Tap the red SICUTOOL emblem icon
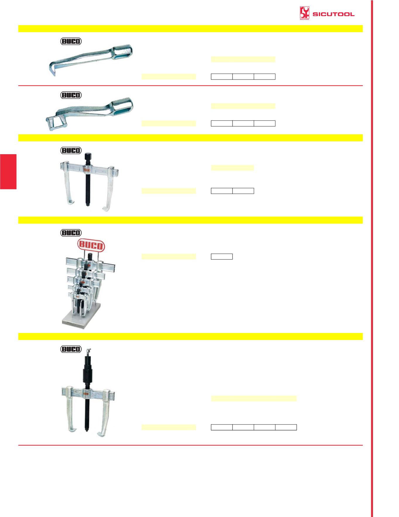coord(304,13)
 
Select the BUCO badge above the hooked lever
coord(71,41)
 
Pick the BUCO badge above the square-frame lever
coord(71,95)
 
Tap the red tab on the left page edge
coord(8,171)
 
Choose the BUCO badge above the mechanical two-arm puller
coord(71,150)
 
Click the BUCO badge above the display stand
coord(71,233)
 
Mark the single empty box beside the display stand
coord(222,257)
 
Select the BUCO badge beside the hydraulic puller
coord(71,349)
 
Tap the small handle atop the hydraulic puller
coord(89,350)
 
